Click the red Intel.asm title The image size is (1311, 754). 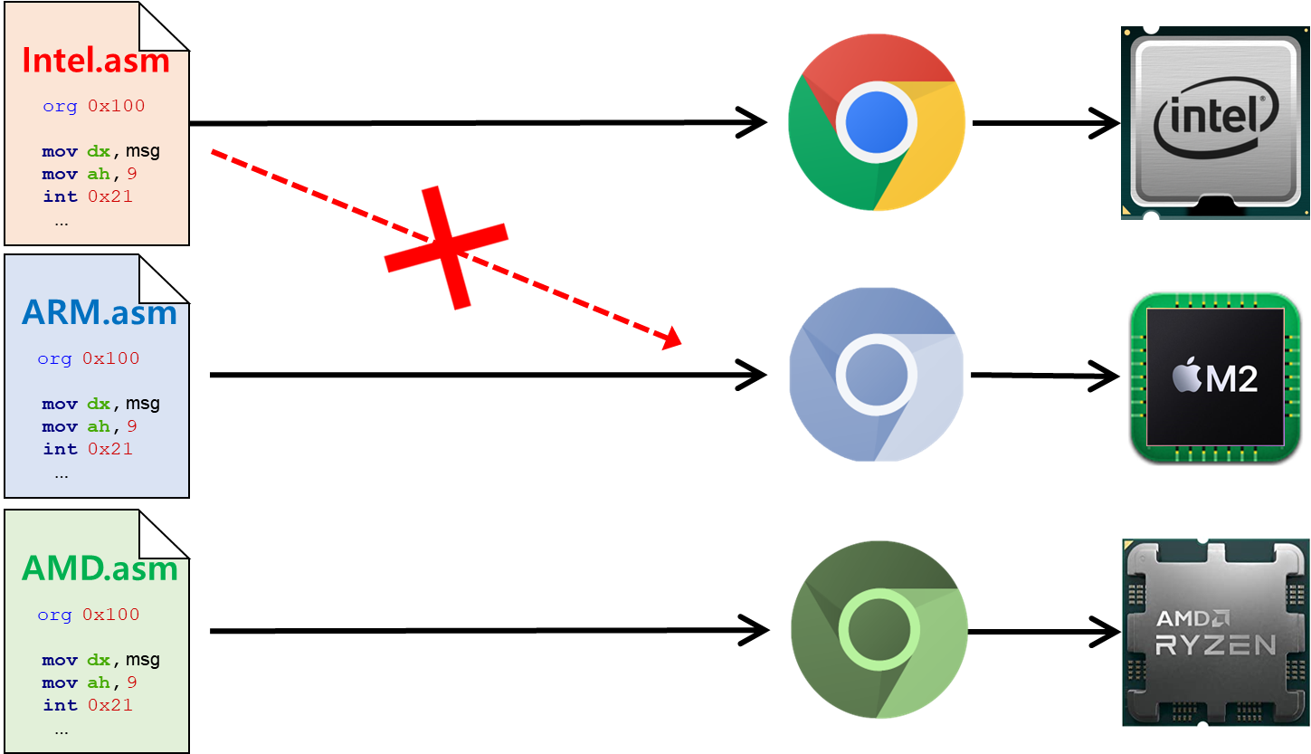coord(96,60)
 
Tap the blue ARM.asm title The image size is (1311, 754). coord(99,312)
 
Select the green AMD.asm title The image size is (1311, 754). coord(100,568)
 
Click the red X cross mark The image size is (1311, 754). coord(446,247)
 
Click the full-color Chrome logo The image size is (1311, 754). coord(877,122)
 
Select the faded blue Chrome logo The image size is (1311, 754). coord(877,374)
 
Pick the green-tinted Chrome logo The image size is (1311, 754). coord(879,629)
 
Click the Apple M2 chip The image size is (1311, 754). coord(1215,377)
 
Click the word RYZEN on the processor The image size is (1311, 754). coord(1216,644)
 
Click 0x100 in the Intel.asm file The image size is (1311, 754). coord(116,106)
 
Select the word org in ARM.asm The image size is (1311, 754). coord(54,358)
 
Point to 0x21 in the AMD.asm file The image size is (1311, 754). coord(110,704)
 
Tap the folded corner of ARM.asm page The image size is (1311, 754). coord(165,278)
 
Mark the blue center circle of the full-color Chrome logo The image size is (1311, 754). coord(877,122)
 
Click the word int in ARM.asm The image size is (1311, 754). coord(61,449)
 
